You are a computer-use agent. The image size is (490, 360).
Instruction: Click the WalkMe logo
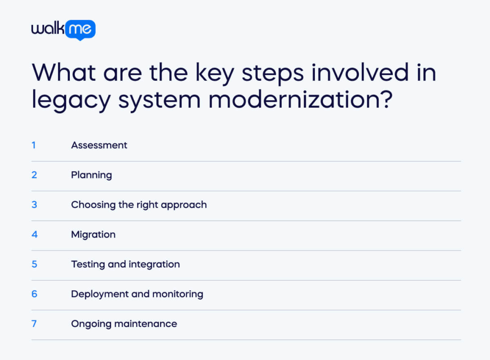pyautogui.click(x=63, y=30)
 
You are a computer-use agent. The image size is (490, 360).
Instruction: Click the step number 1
pyautogui.click(x=34, y=145)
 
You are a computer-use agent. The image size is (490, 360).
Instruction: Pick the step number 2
pyautogui.click(x=34, y=175)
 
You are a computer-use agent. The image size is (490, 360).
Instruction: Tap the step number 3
pyautogui.click(x=34, y=205)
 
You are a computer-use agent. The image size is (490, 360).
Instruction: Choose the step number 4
pyautogui.click(x=34, y=234)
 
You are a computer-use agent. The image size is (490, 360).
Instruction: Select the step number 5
pyautogui.click(x=34, y=264)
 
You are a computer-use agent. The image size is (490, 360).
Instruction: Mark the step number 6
pyautogui.click(x=34, y=294)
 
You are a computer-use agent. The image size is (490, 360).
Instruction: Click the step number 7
pyautogui.click(x=34, y=324)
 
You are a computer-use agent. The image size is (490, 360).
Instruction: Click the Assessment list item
pyautogui.click(x=99, y=145)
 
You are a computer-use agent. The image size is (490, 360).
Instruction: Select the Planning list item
pyautogui.click(x=91, y=175)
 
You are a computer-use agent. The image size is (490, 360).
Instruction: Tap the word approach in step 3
pyautogui.click(x=184, y=205)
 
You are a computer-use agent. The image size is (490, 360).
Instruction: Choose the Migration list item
pyautogui.click(x=93, y=235)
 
